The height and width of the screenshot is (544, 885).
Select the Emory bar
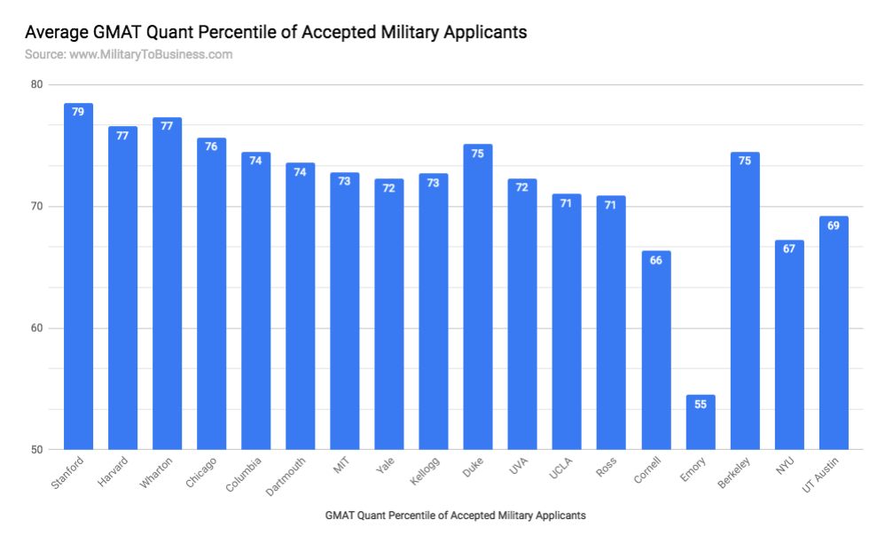700,426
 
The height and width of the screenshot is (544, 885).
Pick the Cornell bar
655,355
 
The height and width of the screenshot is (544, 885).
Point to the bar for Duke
478,302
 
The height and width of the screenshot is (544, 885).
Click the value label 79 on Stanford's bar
78,112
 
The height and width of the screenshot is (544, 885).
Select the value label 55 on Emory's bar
700,404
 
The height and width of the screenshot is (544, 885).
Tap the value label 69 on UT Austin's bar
834,225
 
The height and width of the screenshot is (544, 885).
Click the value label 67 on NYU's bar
788,249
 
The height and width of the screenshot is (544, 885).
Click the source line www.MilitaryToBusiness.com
129,54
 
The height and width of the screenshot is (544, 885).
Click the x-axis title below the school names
455,515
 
